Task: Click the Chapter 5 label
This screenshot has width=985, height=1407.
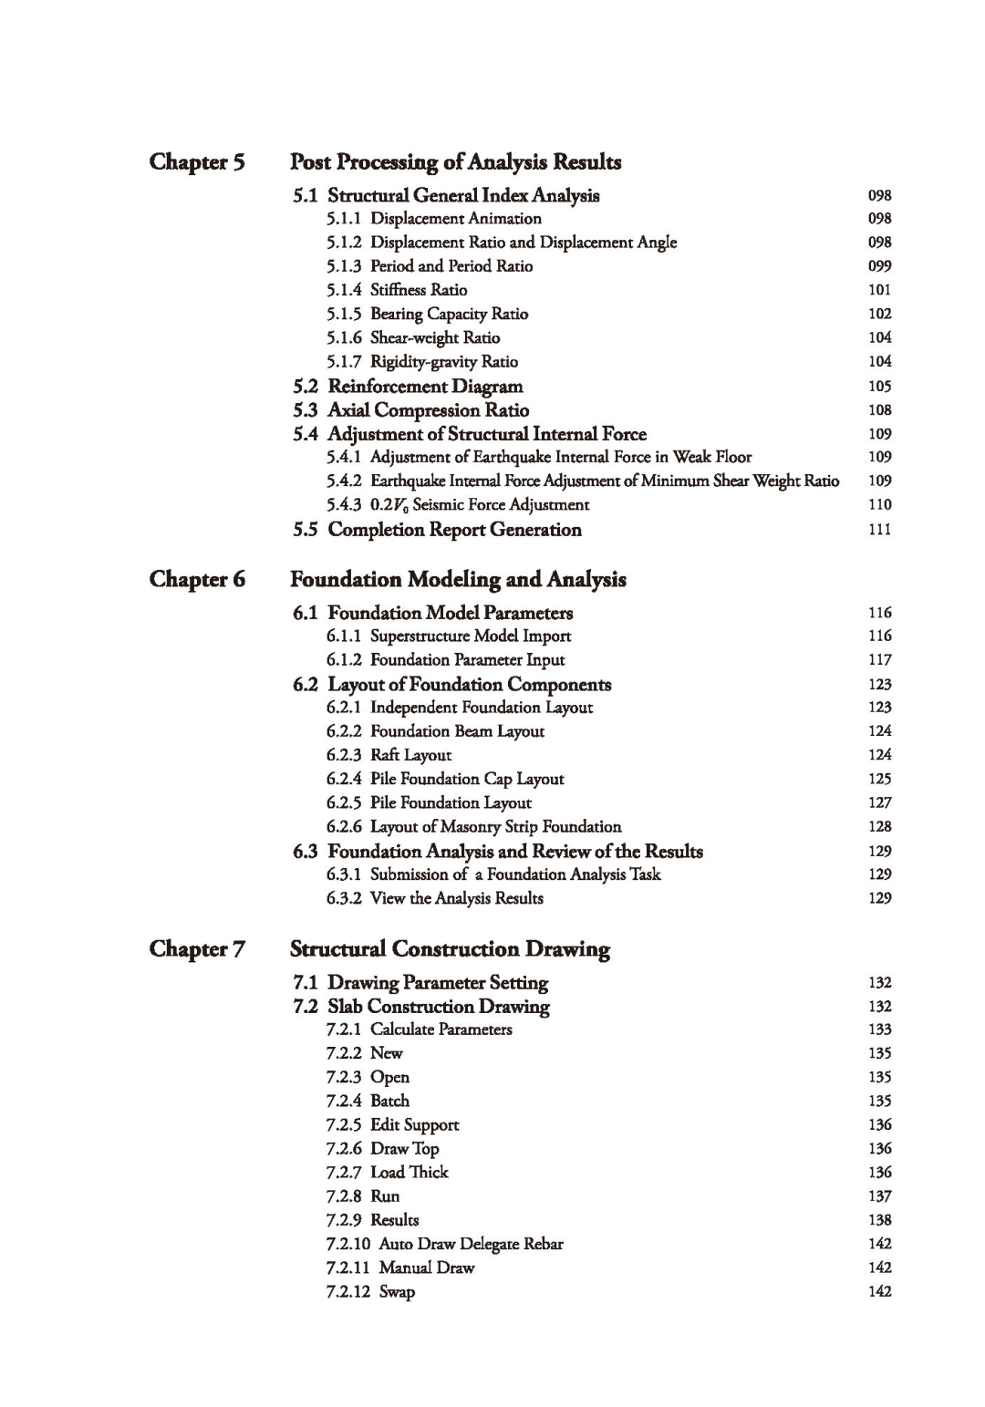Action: click(x=197, y=162)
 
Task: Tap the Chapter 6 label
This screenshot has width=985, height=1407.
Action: click(x=197, y=580)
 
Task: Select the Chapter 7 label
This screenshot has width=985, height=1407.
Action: click(x=197, y=949)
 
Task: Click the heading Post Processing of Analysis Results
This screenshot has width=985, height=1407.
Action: click(x=455, y=162)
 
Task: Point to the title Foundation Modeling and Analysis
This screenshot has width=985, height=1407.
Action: click(x=458, y=580)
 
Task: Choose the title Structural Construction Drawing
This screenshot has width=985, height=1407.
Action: click(x=450, y=949)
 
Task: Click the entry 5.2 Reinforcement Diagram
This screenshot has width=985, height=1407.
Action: click(x=408, y=387)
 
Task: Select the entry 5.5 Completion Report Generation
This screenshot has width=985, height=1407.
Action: click(x=437, y=530)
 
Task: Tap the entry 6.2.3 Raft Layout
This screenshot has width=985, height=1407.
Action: click(x=389, y=755)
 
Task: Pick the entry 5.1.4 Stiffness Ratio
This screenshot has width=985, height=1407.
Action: click(x=397, y=290)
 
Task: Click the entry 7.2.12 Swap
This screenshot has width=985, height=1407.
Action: click(x=370, y=1292)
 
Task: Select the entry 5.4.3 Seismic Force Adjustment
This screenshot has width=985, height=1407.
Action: click(x=458, y=505)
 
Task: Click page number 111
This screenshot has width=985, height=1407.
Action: click(x=879, y=530)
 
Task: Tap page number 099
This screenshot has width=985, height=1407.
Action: click(x=879, y=266)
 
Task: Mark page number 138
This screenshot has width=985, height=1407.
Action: click(x=879, y=1220)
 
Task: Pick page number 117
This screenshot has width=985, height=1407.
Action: click(x=879, y=660)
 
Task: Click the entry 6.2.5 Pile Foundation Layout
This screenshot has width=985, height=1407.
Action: click(x=429, y=803)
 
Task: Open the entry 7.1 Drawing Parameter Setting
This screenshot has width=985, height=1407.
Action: click(x=420, y=983)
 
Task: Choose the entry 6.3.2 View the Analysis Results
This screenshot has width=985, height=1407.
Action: click(x=434, y=898)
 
